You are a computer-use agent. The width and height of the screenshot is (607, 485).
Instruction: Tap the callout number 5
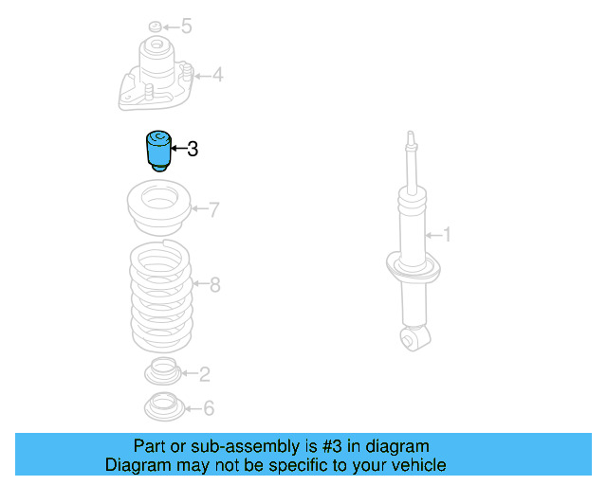(x=187, y=26)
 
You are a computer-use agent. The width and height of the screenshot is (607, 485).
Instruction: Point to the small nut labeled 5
(x=156, y=26)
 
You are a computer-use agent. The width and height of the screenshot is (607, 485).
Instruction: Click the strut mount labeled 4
(x=156, y=76)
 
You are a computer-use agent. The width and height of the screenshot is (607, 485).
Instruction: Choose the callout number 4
(x=217, y=74)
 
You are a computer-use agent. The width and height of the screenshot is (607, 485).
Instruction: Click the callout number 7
(x=214, y=209)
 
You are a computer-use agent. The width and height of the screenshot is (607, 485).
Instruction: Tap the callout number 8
(x=214, y=284)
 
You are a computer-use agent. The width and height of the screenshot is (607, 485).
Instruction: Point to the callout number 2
(x=204, y=373)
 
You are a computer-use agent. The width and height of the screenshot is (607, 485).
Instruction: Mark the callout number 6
(x=209, y=408)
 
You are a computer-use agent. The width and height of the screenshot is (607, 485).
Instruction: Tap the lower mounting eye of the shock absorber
(x=413, y=338)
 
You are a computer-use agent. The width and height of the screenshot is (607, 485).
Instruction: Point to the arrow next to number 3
(x=176, y=149)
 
